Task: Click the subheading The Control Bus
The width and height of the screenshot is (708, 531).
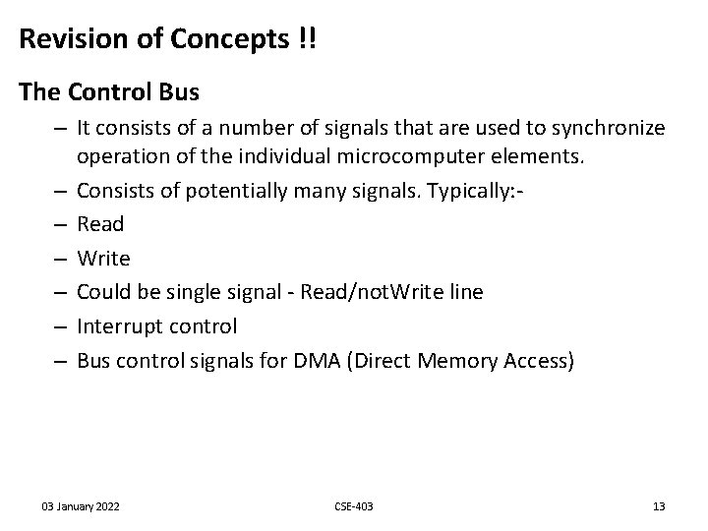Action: (109, 92)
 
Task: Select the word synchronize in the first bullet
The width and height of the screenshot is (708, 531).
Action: (610, 129)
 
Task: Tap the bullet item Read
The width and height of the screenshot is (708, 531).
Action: (100, 224)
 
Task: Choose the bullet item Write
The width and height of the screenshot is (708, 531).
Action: (102, 259)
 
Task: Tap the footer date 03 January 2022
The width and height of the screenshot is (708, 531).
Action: (81, 506)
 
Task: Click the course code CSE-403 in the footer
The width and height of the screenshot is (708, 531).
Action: (354, 506)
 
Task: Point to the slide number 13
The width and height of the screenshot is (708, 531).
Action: (659, 506)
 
